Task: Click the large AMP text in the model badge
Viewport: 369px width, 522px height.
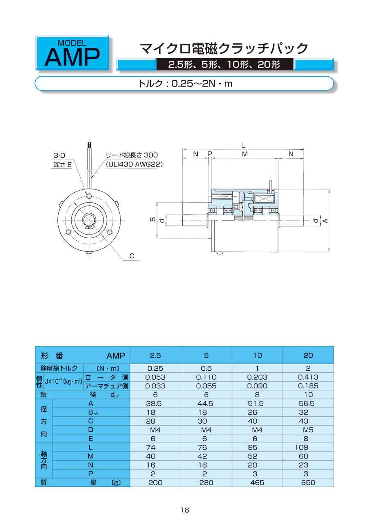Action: click(72, 57)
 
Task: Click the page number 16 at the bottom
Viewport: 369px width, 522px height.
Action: click(184, 510)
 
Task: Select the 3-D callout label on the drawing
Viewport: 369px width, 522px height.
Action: click(59, 155)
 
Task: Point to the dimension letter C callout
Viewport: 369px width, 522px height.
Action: click(132, 256)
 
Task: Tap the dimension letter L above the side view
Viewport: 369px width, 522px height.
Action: click(243, 146)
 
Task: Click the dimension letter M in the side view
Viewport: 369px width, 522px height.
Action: click(245, 154)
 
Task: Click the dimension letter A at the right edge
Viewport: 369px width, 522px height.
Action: click(325, 221)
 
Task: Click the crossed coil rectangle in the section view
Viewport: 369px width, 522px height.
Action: click(264, 199)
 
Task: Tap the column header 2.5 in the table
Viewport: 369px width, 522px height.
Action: click(155, 356)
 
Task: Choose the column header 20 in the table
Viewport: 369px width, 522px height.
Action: click(308, 356)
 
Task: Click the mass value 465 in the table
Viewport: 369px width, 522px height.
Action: click(257, 482)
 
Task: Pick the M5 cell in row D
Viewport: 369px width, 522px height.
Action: click(308, 430)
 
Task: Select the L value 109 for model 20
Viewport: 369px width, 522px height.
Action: click(301, 447)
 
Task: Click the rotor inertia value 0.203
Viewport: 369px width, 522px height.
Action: click(257, 377)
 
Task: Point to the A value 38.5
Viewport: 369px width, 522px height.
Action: click(154, 403)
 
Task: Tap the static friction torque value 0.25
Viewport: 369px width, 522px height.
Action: click(155, 368)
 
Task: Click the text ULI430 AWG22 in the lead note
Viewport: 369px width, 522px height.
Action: click(134, 164)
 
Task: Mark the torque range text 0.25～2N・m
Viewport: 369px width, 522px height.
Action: click(202, 83)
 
